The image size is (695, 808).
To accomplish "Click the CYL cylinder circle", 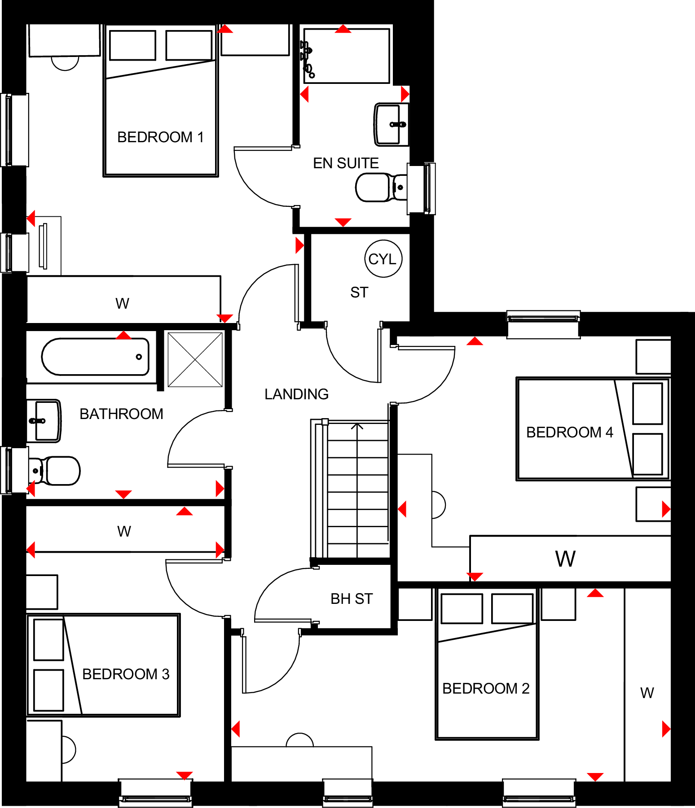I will click(383, 259).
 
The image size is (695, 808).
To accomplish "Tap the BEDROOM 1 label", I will click(160, 137).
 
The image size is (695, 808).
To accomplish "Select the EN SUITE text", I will click(346, 163).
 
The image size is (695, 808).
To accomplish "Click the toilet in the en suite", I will click(379, 188).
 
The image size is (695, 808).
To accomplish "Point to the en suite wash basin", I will click(391, 124).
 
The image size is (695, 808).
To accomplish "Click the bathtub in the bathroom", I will click(95, 357).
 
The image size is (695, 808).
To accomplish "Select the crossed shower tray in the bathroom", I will click(195, 359).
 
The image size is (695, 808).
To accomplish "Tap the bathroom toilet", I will click(56, 471).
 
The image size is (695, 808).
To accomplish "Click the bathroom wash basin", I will click(44, 421).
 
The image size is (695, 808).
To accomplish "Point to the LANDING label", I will click(296, 394).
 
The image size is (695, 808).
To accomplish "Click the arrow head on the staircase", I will click(357, 426).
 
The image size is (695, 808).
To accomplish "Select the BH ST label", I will click(352, 598).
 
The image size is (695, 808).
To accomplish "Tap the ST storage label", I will click(359, 293).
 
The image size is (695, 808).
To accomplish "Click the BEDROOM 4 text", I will click(569, 432).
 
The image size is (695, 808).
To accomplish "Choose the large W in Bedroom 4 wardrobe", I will click(565, 559).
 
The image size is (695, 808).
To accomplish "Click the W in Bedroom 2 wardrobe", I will click(647, 693).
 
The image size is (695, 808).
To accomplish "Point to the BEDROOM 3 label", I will click(126, 674).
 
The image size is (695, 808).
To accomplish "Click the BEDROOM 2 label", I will click(486, 688).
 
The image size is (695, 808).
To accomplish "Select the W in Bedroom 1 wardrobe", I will click(122, 303).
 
